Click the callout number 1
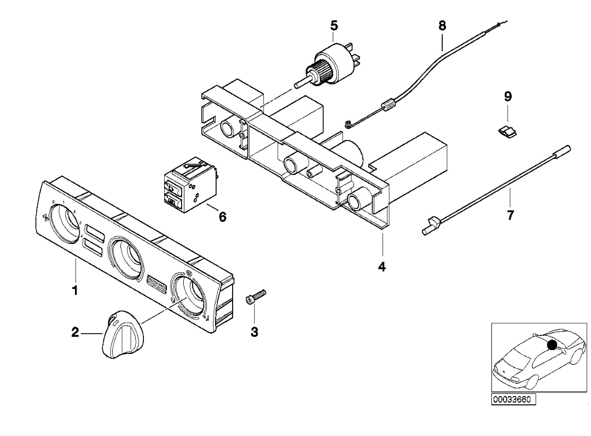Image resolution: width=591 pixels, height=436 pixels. click(x=75, y=290)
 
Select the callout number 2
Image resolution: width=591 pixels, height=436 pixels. click(x=75, y=333)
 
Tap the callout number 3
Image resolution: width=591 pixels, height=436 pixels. click(x=254, y=332)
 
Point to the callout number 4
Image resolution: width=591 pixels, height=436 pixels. click(x=382, y=267)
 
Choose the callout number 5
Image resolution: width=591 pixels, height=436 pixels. click(x=334, y=26)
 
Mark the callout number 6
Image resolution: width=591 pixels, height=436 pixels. click(x=222, y=217)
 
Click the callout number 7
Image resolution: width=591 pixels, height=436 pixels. click(x=510, y=215)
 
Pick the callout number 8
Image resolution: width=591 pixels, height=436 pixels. click(x=442, y=26)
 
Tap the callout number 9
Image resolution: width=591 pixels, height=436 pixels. click(x=508, y=96)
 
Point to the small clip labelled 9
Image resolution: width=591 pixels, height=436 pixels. click(x=507, y=131)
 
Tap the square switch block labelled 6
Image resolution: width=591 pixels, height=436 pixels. click(x=191, y=185)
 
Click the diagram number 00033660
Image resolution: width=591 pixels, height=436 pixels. click(x=513, y=399)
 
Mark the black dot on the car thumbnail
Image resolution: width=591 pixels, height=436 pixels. click(x=552, y=345)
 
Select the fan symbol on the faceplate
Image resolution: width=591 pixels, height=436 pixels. click(x=45, y=218)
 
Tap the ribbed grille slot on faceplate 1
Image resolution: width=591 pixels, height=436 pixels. click(x=157, y=284)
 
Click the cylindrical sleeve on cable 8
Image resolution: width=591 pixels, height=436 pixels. click(x=388, y=104)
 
